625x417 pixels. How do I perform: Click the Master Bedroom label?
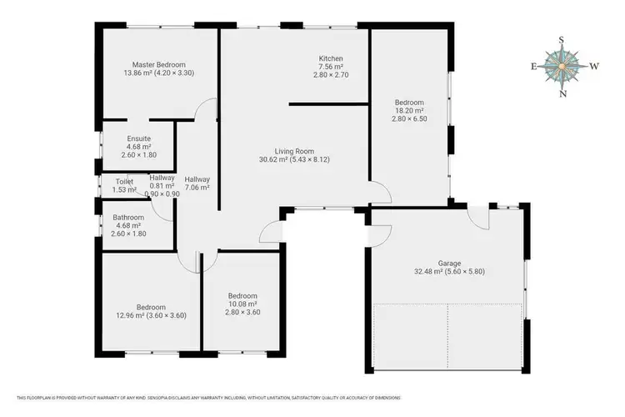(x=158, y=64)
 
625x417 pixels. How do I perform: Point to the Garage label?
(x=449, y=263)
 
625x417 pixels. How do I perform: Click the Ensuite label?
(x=138, y=138)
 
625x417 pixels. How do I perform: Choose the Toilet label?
(x=124, y=181)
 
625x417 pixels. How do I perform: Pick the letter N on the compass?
(x=563, y=93)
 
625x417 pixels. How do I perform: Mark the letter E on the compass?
(x=533, y=67)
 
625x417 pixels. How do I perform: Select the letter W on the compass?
(x=594, y=67)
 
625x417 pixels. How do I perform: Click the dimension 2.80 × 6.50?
(x=409, y=119)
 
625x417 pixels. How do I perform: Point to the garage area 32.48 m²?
(x=449, y=271)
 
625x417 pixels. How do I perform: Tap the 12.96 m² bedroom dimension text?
(x=151, y=315)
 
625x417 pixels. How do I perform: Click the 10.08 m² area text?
(x=242, y=304)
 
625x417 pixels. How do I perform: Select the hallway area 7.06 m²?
(x=197, y=188)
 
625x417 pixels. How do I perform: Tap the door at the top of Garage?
(x=477, y=219)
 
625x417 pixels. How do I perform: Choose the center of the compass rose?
(x=563, y=67)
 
